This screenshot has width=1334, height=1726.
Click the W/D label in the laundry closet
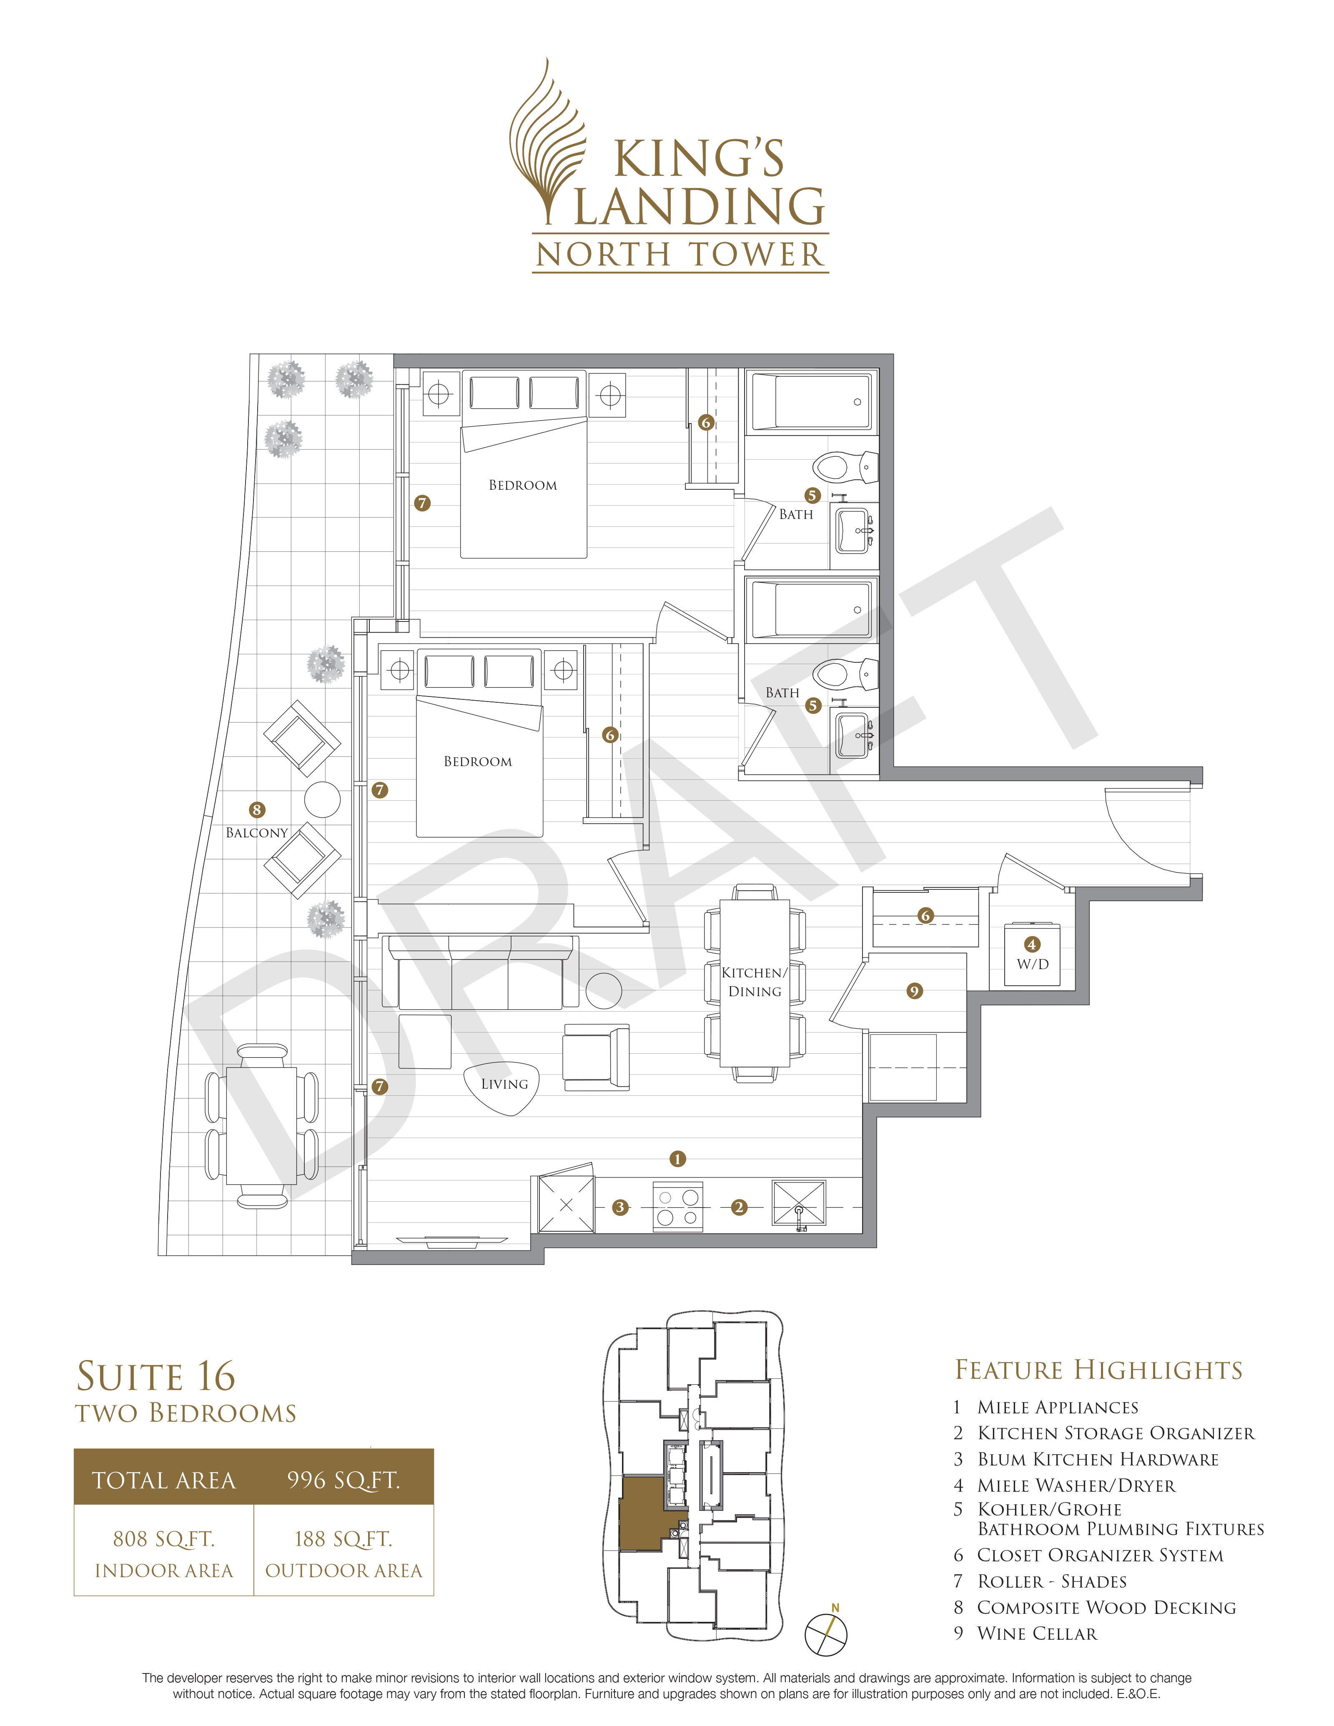point(1032,964)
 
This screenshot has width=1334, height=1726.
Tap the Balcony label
point(257,833)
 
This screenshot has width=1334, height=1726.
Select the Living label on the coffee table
point(504,1084)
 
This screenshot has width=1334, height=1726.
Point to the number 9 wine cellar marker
point(914,991)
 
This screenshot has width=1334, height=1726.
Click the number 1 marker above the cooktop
point(677,1160)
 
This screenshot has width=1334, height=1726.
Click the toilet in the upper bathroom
point(845,466)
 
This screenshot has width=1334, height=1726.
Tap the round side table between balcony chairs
point(322,800)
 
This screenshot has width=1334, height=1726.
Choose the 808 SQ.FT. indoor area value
point(163,1539)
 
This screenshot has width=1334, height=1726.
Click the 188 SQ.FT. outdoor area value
point(344,1539)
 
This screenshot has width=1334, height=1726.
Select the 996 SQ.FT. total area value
point(344,1480)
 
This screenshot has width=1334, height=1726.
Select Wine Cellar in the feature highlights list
point(1037,1633)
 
